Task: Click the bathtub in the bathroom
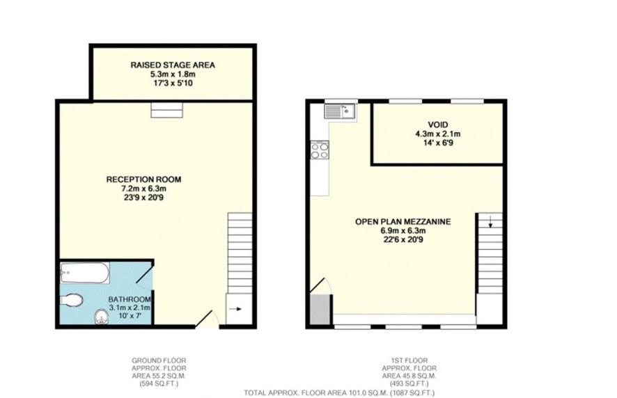[84, 272]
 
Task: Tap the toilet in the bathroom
[72, 300]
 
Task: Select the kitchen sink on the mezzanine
[339, 111]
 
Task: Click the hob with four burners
[320, 150]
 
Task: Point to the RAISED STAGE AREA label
[173, 65]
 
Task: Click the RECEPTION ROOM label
[136, 180]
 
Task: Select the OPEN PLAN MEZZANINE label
[403, 222]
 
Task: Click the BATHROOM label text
[130, 300]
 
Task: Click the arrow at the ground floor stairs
[235, 310]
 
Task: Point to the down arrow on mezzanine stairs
[490, 223]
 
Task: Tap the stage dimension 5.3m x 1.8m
[173, 74]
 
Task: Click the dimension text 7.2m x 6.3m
[136, 189]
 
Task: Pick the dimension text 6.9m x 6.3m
[403, 231]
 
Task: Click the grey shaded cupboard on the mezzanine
[320, 310]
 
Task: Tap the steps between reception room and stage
[166, 109]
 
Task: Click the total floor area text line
[338, 393]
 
